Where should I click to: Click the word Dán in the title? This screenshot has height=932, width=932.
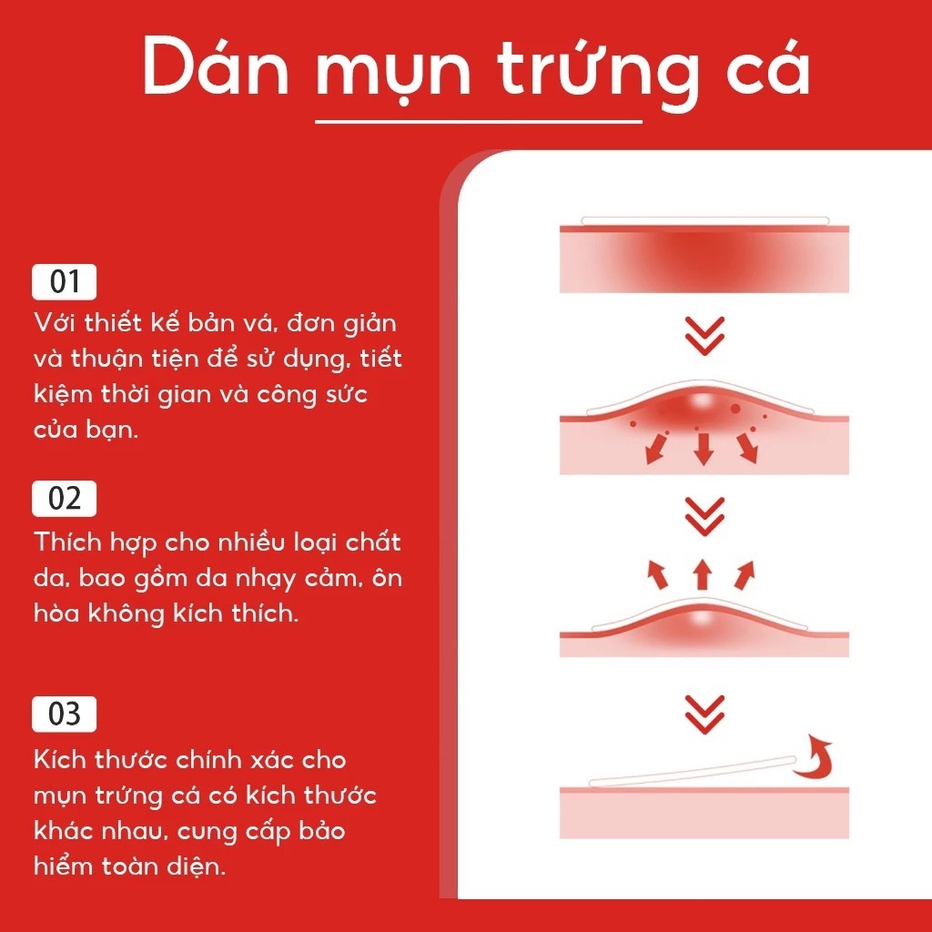pos(216,66)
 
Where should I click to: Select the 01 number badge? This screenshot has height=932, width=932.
pos(65,282)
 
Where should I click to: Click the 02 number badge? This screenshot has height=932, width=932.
pos(65,498)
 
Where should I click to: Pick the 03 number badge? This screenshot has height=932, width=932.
pos(65,714)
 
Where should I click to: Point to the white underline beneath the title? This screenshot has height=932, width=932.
pos(479,122)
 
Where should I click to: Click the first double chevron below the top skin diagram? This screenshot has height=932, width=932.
pos(704,336)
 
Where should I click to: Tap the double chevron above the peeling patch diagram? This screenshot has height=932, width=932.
pos(704,714)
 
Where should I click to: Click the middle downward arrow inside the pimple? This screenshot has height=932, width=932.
pos(704,449)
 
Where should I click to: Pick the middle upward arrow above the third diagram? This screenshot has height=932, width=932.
pos(703,574)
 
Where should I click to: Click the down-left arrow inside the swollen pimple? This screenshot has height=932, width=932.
pos(655,449)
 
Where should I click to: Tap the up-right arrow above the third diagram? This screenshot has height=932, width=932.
pos(745,575)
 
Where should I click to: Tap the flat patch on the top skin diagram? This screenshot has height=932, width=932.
pos(705,221)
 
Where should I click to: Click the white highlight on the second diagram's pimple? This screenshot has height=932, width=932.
pos(703,401)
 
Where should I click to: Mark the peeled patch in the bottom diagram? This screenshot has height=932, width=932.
pos(693,771)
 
